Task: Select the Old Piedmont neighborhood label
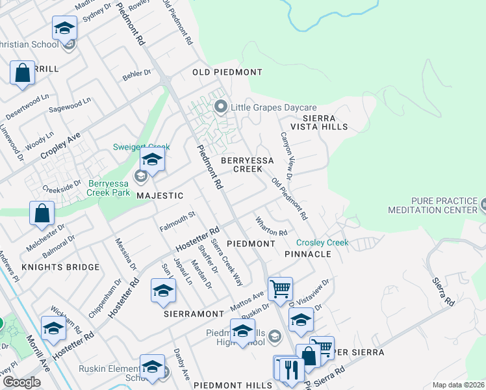(x=227, y=71)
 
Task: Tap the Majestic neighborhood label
(x=160, y=195)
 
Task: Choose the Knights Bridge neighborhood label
(x=61, y=266)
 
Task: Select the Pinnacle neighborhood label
(x=308, y=253)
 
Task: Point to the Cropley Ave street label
(x=60, y=146)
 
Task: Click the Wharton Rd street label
(x=272, y=227)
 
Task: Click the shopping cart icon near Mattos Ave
(x=280, y=288)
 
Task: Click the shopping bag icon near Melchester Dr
(x=42, y=213)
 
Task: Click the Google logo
(x=21, y=382)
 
